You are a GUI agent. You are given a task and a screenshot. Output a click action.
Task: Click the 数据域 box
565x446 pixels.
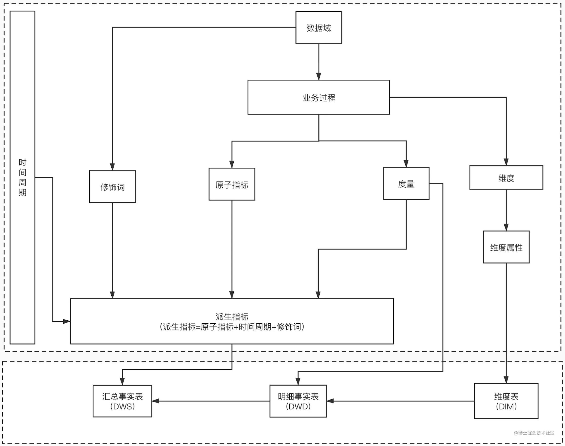click(x=319, y=27)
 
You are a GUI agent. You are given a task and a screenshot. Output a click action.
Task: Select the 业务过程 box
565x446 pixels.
click(x=319, y=97)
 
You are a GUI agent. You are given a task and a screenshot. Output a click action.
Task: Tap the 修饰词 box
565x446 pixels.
click(x=112, y=187)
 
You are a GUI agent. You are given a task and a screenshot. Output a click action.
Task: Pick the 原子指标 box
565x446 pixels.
click(x=232, y=184)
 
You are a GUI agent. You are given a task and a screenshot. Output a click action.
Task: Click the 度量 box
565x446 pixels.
click(x=406, y=184)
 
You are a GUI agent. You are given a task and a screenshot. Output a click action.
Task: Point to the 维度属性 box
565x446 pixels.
click(x=506, y=247)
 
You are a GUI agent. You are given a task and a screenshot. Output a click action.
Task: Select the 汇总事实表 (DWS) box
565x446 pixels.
click(x=122, y=401)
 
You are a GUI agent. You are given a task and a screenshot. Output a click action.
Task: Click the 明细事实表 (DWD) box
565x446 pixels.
click(x=298, y=401)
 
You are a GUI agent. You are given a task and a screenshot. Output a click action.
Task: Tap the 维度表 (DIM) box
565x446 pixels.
click(x=506, y=401)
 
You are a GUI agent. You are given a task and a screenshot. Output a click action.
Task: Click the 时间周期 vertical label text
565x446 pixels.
click(x=23, y=177)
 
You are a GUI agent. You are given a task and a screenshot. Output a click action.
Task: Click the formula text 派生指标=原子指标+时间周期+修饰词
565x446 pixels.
click(x=232, y=327)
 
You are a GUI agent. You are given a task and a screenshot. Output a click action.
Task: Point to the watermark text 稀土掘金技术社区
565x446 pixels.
click(x=536, y=433)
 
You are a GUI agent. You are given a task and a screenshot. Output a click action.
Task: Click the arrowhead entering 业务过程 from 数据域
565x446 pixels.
click(x=319, y=77)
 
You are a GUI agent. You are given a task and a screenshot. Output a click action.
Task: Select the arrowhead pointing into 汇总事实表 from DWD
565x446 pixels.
click(x=156, y=401)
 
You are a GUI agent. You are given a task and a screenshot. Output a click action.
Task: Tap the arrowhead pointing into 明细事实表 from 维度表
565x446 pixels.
click(x=330, y=401)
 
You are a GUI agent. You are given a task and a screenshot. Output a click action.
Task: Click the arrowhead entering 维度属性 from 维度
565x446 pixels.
click(x=506, y=227)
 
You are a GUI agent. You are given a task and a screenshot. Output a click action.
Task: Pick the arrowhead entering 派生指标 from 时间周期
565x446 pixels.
click(x=67, y=321)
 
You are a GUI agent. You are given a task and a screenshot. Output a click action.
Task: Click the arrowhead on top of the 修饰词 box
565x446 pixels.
click(x=112, y=167)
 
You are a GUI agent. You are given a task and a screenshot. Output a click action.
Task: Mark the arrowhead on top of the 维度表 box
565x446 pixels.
click(x=506, y=380)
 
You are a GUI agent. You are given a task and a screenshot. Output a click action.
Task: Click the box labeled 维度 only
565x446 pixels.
click(x=506, y=177)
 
